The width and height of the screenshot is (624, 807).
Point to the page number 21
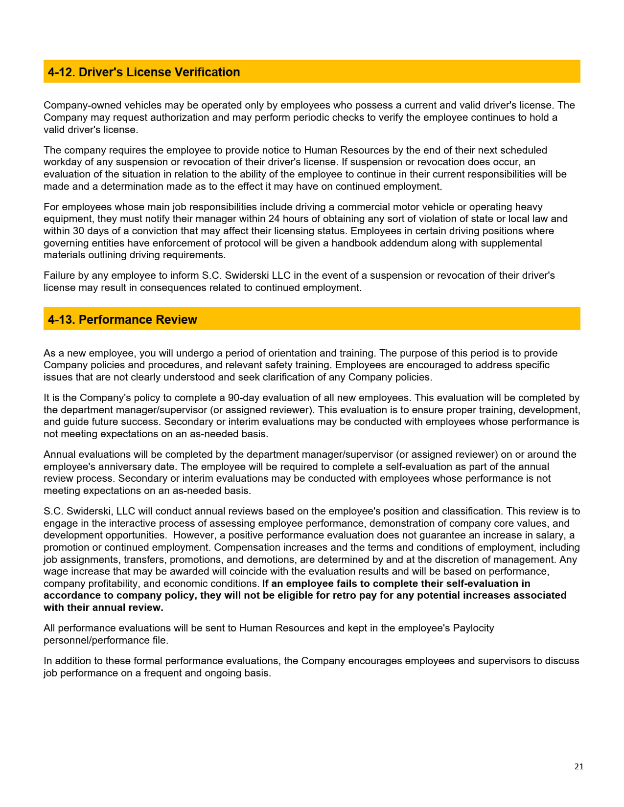(579, 766)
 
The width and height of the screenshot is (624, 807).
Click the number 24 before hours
(274, 219)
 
